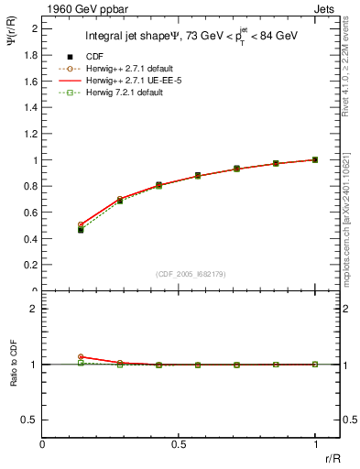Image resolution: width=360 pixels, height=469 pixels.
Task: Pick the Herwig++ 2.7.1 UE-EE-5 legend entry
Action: point(136,81)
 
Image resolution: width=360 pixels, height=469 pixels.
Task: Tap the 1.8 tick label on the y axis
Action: point(30,55)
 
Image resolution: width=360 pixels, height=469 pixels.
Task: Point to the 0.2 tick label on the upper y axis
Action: point(30,265)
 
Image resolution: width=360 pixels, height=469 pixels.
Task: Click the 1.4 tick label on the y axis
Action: point(30,107)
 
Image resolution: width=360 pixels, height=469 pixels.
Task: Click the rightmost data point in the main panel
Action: point(315,159)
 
